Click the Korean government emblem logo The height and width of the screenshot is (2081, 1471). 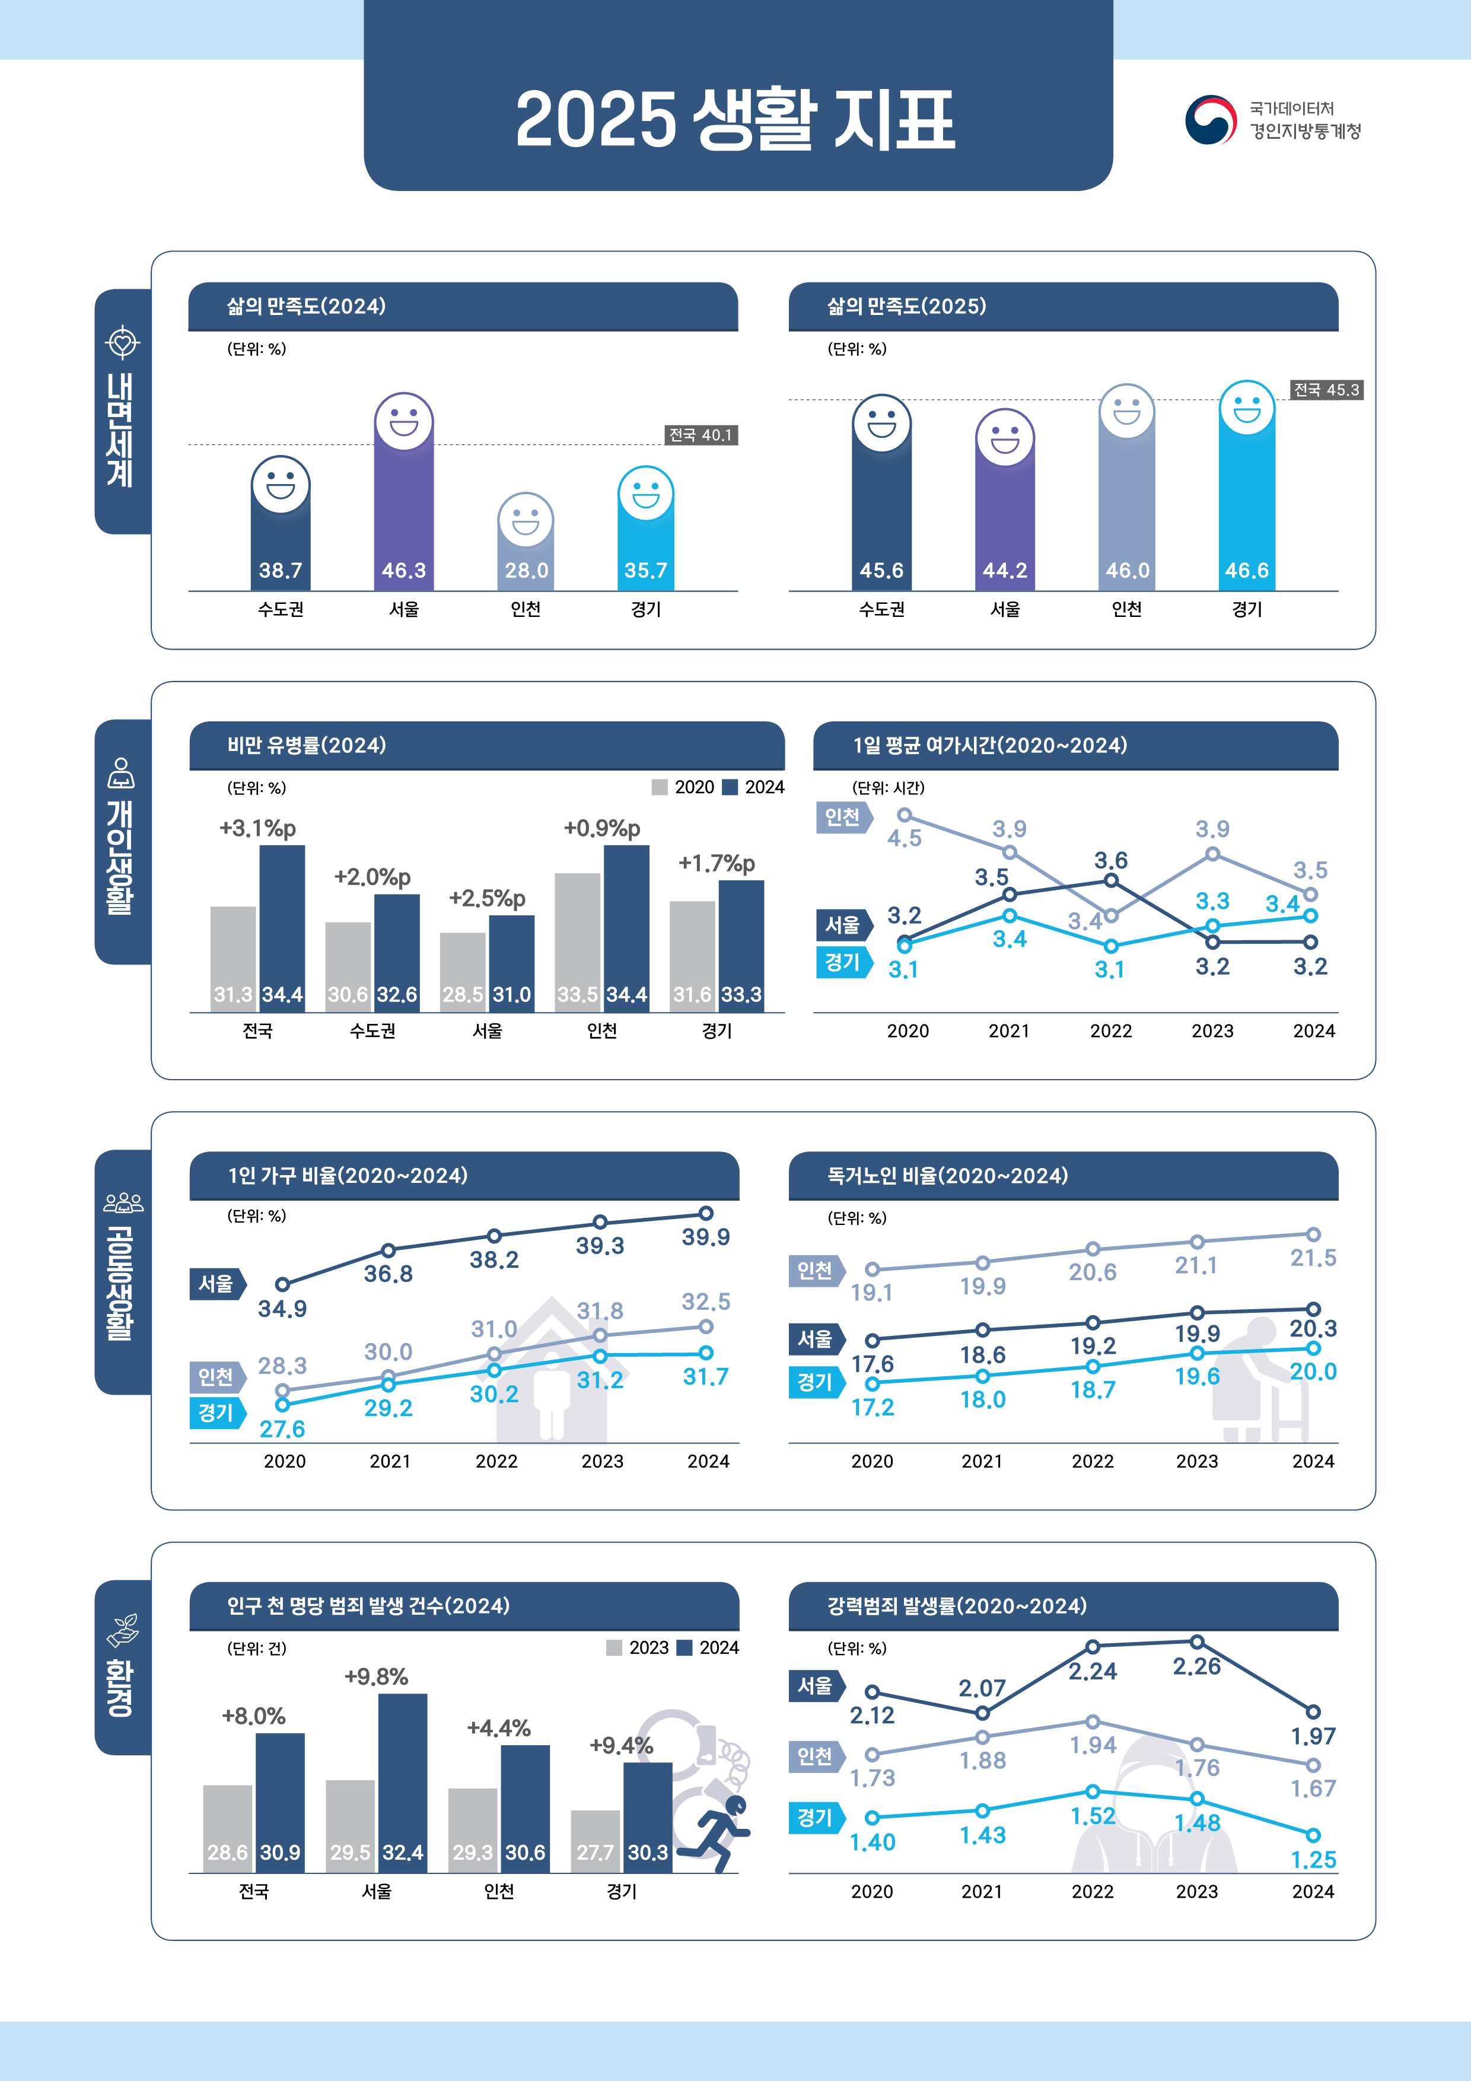(x=1210, y=120)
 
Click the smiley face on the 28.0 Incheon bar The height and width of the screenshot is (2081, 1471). (x=526, y=519)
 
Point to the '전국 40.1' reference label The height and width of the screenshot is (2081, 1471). (x=701, y=435)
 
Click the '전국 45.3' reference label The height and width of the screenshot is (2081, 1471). (x=1326, y=390)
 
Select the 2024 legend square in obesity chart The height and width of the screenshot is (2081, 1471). (x=730, y=787)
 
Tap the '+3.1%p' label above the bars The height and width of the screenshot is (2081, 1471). (x=257, y=828)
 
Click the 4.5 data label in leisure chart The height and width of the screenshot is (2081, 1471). (x=903, y=838)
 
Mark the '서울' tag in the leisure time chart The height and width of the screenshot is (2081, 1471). (x=843, y=924)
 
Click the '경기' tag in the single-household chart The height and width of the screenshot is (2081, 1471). (x=216, y=1412)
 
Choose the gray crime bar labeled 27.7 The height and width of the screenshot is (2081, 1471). (x=594, y=1841)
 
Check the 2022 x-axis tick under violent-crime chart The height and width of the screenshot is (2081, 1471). (x=1092, y=1892)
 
